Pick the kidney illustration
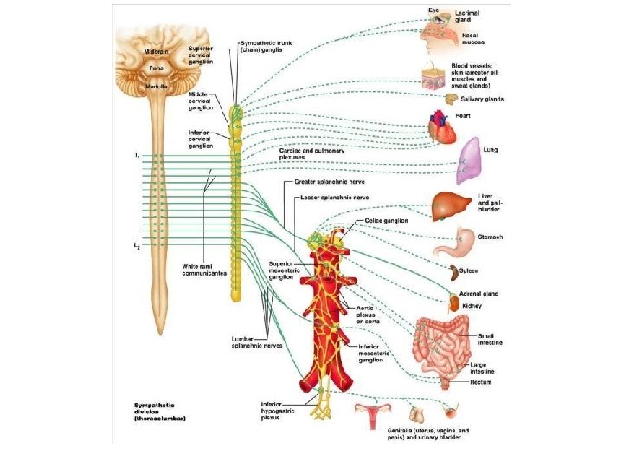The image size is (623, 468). coord(453,304)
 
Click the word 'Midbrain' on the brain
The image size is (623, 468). coord(157,52)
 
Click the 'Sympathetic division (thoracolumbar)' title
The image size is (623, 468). coord(160,411)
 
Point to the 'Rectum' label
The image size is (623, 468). coord(481,382)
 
